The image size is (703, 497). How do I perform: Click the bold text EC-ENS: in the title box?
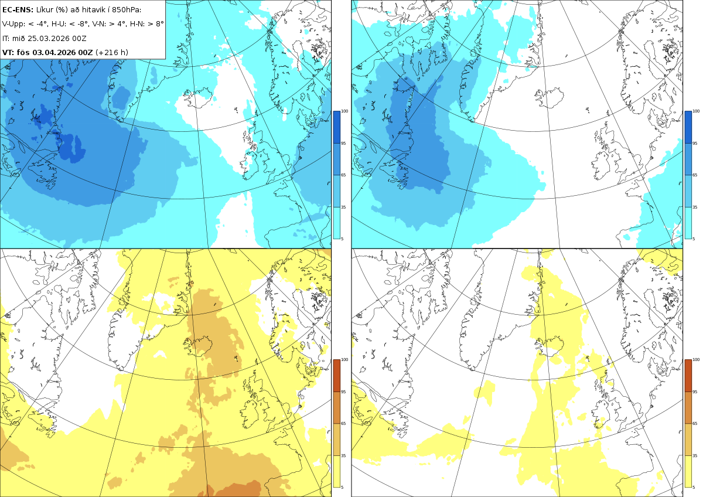(x=18, y=10)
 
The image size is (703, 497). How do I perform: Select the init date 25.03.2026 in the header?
(x=47, y=38)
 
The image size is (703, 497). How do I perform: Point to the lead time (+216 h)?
(x=112, y=52)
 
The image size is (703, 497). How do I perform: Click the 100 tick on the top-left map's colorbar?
(x=344, y=111)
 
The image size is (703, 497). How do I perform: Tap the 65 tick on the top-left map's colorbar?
(x=343, y=175)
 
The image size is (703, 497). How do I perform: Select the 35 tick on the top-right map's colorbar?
(x=695, y=207)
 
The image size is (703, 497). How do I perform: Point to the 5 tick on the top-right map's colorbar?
(x=694, y=239)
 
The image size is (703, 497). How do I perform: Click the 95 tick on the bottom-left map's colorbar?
(x=343, y=392)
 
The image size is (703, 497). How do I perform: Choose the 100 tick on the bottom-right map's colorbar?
(x=696, y=360)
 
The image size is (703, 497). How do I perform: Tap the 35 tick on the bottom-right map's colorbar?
(x=695, y=455)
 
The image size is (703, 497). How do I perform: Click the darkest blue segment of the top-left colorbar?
(x=336, y=127)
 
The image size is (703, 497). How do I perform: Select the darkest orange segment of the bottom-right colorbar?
(x=688, y=376)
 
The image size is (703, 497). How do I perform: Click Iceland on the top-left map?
(x=199, y=97)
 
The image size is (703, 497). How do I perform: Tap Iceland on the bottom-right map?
(x=550, y=346)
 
